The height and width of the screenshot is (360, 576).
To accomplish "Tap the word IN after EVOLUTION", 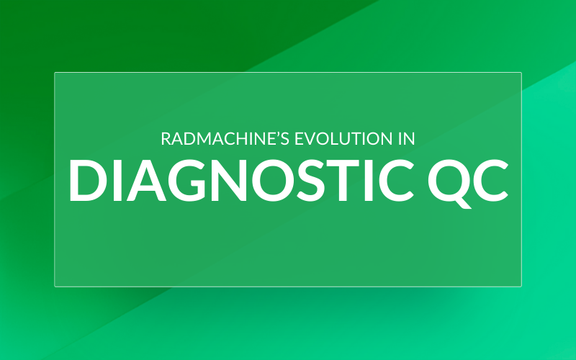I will coord(405,138).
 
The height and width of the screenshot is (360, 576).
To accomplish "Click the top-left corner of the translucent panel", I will coord(55,73).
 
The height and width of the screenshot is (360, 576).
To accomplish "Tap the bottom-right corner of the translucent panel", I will coord(521,286).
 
